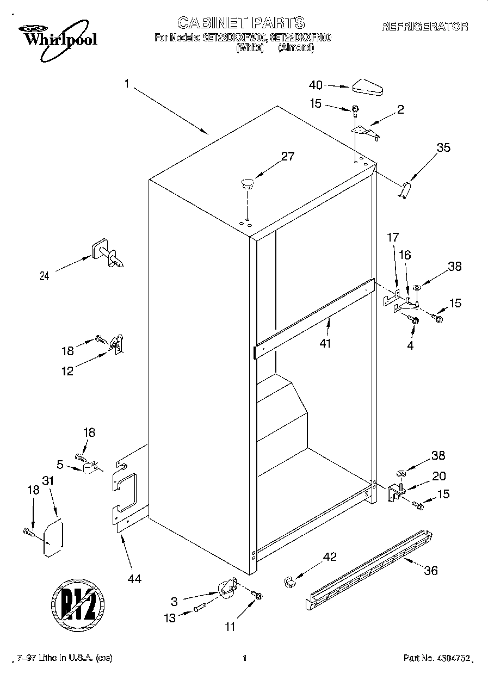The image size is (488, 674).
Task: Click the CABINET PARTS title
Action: pyautogui.click(x=241, y=22)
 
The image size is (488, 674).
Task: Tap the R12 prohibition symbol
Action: pyautogui.click(x=77, y=604)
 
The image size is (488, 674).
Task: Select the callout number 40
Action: pyautogui.click(x=316, y=85)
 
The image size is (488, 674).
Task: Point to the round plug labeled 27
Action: pyautogui.click(x=247, y=182)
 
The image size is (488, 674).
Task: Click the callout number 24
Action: pyautogui.click(x=44, y=276)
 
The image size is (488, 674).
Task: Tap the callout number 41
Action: pyautogui.click(x=325, y=344)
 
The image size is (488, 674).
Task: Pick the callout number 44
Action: pyautogui.click(x=134, y=579)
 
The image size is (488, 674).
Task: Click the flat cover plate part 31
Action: pyautogui.click(x=53, y=538)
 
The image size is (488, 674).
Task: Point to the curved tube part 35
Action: pyautogui.click(x=405, y=191)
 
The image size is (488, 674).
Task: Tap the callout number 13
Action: pyautogui.click(x=170, y=618)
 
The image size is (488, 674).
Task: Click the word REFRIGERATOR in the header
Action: pyautogui.click(x=425, y=26)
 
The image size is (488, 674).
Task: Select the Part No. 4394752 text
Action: pyautogui.click(x=436, y=658)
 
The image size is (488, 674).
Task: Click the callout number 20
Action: pyautogui.click(x=438, y=477)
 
